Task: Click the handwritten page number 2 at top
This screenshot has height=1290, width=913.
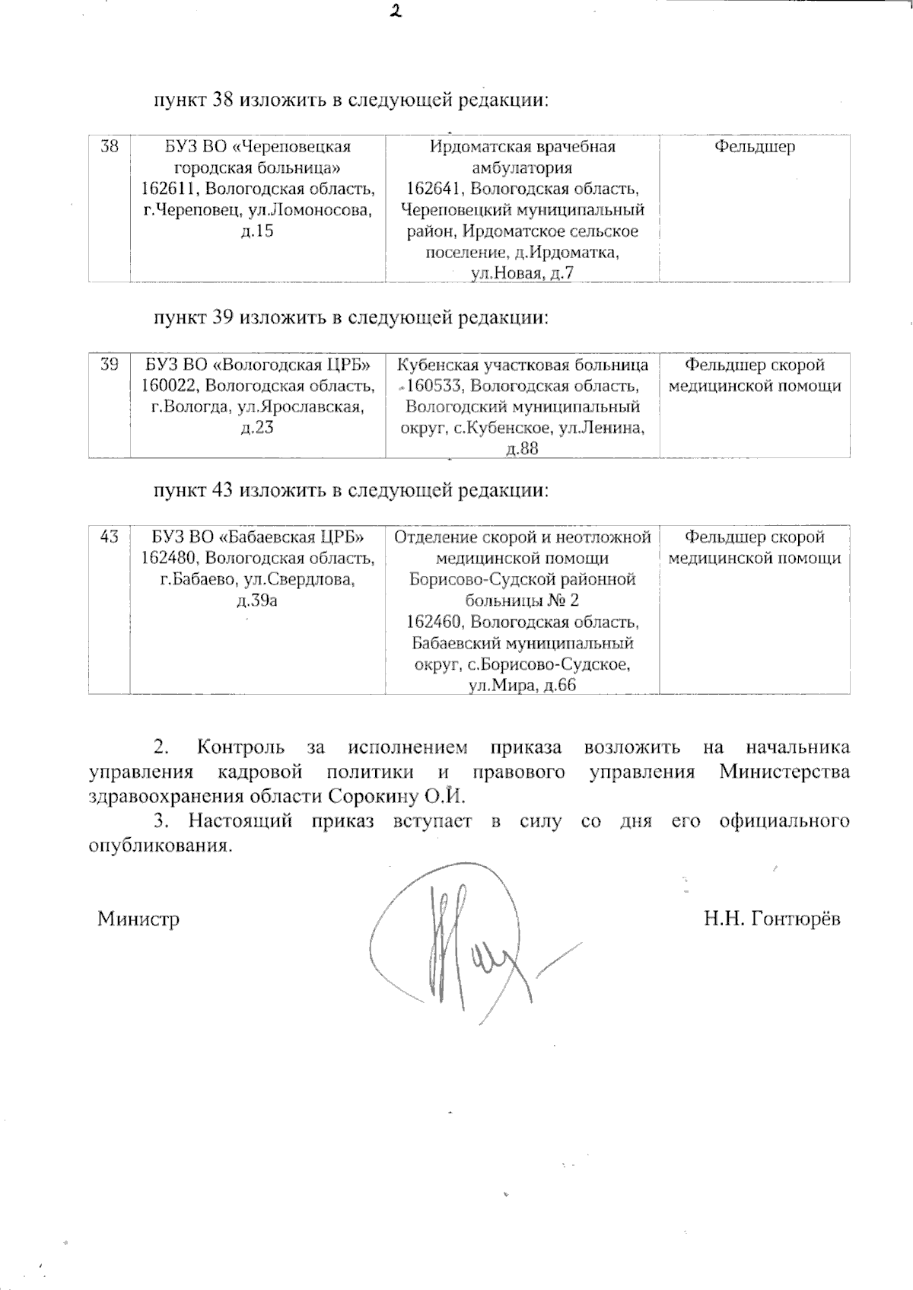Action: click(395, 11)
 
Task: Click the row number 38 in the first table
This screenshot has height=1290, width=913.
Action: click(110, 146)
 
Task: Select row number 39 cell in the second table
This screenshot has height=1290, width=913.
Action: click(110, 365)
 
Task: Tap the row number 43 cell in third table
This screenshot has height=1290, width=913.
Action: click(110, 537)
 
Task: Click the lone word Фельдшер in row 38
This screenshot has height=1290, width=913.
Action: click(754, 146)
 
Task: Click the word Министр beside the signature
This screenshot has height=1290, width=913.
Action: click(138, 919)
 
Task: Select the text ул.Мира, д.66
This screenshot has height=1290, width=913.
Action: click(522, 685)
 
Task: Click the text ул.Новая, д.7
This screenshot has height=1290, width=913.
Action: click(522, 273)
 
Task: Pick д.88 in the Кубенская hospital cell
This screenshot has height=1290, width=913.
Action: click(522, 449)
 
